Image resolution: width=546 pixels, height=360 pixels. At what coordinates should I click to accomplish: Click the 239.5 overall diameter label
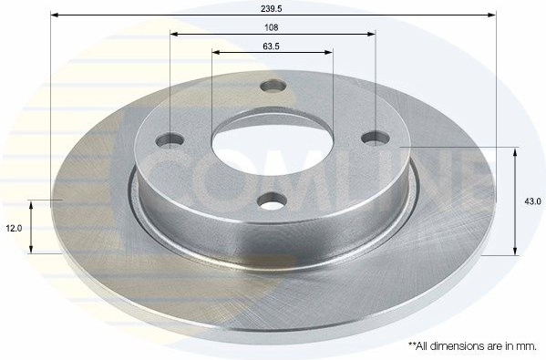(272, 9)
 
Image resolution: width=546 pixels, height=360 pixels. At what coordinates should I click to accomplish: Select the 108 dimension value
(272, 27)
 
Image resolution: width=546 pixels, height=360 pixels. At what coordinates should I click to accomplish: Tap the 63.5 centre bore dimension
(272, 46)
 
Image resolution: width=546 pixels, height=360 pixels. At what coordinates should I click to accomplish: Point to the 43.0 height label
(532, 201)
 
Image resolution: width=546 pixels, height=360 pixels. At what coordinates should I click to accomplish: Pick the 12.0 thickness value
(14, 229)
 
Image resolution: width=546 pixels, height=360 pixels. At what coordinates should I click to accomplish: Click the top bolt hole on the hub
(273, 86)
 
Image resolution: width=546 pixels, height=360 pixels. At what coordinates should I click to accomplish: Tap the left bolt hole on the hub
(170, 140)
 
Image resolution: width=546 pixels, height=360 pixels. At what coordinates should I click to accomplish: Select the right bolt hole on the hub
(376, 139)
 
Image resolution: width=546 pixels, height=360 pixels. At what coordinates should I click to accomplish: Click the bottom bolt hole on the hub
(273, 201)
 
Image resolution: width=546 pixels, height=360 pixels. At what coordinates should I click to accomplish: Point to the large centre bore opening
(273, 148)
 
